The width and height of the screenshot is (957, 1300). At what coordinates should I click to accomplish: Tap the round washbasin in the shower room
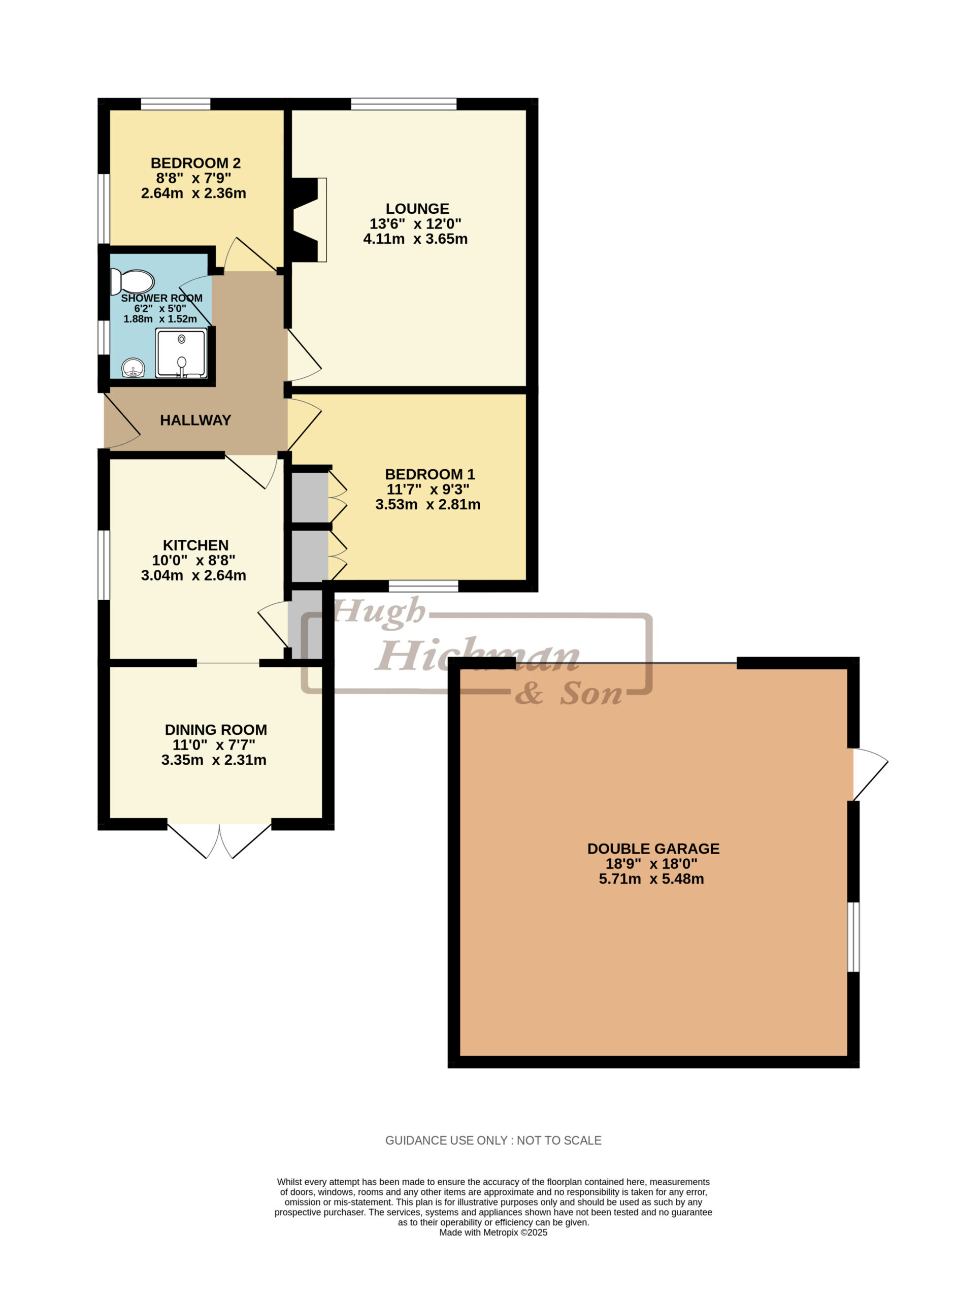point(133,368)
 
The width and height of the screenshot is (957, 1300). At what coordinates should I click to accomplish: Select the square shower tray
point(181,353)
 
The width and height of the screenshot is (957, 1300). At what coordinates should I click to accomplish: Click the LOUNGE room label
point(417,209)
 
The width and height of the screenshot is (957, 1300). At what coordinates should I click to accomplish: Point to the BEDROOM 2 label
point(195,164)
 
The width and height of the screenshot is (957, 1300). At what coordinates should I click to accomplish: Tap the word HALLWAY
point(195,420)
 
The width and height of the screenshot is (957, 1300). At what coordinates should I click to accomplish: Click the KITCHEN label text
point(195,545)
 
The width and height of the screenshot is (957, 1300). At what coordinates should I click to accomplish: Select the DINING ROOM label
point(215,730)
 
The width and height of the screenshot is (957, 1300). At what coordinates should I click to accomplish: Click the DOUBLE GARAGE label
point(653,849)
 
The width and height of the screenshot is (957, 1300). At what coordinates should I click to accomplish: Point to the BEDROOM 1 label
point(430,474)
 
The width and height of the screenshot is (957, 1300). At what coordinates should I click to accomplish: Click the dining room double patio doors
point(219,839)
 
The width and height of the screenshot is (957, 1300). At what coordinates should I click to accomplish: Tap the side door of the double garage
point(869,774)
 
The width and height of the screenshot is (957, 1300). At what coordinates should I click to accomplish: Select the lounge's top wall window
point(404,104)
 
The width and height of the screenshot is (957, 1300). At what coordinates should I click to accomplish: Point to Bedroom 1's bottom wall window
point(423,587)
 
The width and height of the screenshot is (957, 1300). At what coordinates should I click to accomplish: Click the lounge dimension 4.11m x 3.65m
point(415,239)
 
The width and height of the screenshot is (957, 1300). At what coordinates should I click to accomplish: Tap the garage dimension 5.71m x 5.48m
point(651,879)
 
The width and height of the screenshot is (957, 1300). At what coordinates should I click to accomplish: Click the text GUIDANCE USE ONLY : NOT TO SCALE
point(493,1141)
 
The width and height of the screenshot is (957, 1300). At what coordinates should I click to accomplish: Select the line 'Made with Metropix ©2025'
point(493,1233)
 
